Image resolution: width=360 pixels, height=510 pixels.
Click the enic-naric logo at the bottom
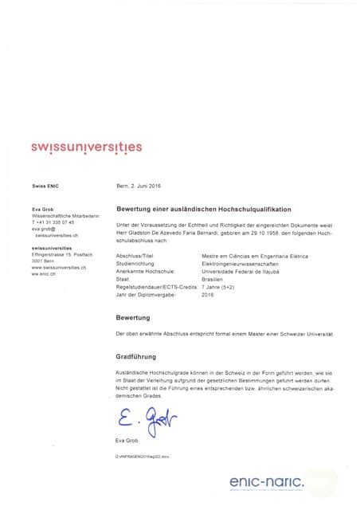[x=268, y=481]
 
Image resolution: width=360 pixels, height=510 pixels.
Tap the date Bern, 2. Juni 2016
[x=139, y=186]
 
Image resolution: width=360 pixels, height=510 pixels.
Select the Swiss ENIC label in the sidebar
[x=45, y=186]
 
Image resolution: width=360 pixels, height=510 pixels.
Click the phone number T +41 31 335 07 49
[x=53, y=222]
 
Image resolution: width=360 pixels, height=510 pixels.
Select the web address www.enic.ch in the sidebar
[x=45, y=273]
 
